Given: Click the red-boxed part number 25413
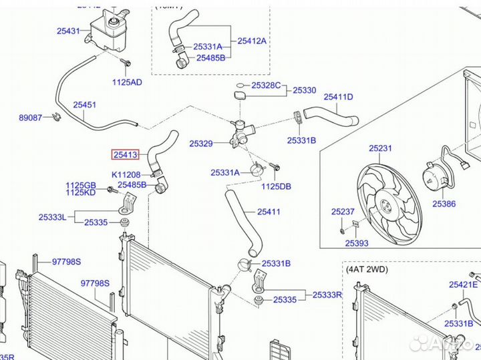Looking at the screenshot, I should [125, 155].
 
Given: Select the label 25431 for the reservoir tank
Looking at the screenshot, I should [69, 31].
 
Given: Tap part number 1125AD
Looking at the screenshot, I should [127, 82].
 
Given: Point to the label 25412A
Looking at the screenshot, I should [252, 41].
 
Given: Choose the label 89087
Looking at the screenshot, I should [30, 118].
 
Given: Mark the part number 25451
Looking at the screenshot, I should [85, 105].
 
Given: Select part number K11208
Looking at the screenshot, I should [126, 174].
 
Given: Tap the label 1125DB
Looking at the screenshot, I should [276, 186].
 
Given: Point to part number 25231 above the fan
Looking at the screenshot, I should [380, 148].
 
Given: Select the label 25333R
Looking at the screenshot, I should [327, 294].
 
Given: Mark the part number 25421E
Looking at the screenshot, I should [463, 285].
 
